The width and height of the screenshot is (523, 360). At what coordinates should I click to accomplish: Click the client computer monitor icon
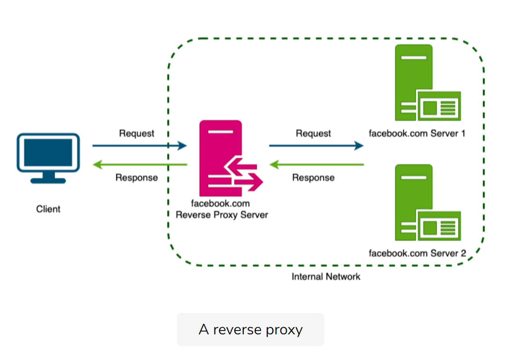tap(48, 156)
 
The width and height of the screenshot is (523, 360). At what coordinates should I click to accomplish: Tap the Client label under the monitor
tap(48, 208)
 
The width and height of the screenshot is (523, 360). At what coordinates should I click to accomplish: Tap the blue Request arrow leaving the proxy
tap(316, 146)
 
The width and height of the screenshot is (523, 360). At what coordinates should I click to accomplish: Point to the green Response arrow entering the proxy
tap(316, 165)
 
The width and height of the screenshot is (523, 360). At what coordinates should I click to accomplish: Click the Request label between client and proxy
tap(137, 133)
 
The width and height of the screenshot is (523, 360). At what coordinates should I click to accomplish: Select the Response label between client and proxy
tap(137, 178)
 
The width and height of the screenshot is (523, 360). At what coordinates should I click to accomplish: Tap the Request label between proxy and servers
tap(313, 133)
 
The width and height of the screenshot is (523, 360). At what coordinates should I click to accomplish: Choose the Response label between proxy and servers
tap(313, 178)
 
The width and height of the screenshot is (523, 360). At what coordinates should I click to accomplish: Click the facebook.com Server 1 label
tap(417, 133)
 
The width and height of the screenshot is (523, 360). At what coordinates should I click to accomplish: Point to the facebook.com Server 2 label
tap(417, 253)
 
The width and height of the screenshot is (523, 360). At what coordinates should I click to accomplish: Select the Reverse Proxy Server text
tap(222, 215)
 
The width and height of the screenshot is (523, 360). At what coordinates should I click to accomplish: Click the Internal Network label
tap(326, 276)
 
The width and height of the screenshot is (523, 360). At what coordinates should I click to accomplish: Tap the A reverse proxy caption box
tap(250, 329)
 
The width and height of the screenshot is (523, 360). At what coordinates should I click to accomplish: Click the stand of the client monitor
tap(48, 178)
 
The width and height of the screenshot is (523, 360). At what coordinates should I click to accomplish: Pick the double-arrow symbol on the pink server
tap(244, 174)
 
